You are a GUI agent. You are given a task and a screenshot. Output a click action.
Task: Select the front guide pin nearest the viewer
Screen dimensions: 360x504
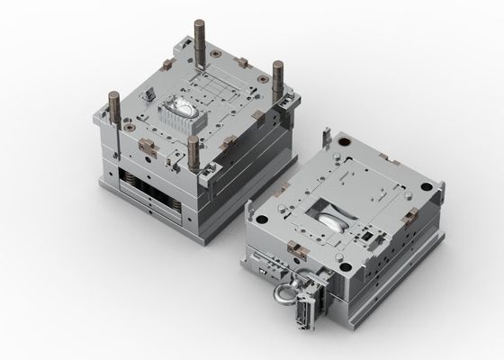tap(193, 152)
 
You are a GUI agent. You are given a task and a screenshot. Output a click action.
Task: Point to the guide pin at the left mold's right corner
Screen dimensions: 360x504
tap(277, 76)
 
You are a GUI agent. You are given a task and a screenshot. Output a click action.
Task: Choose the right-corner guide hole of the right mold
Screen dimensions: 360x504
tap(439, 185)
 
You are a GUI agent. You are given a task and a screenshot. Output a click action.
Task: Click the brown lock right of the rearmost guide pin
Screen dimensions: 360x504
tap(240, 61)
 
